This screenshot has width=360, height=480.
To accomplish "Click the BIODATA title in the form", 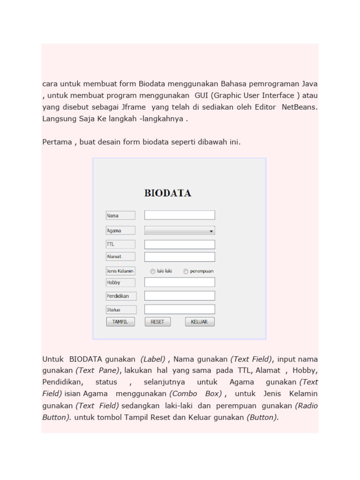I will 167,193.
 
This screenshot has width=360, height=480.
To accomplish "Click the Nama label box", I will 120,216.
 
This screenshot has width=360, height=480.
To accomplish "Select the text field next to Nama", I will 180,215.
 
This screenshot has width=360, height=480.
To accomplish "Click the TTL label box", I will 120,244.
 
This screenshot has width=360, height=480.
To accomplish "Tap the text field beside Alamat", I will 180,257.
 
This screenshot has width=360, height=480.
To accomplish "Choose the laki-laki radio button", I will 153,271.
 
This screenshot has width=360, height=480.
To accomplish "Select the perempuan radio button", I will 186,271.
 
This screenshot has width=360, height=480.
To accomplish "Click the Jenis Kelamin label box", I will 120,270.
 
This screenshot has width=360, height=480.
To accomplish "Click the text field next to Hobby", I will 180,282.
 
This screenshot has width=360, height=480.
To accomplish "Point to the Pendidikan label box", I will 121,296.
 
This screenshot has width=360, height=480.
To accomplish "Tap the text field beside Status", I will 180,309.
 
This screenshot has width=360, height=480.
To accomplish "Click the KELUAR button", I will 200,322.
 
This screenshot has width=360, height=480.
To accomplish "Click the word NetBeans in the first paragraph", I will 299,107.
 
